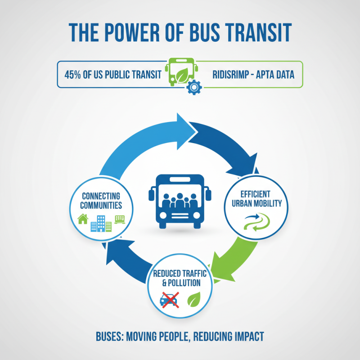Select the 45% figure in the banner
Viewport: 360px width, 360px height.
(x=73, y=74)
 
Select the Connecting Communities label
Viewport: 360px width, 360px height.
(x=101, y=201)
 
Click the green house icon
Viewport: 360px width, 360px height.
(x=83, y=219)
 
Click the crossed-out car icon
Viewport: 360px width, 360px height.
(x=170, y=299)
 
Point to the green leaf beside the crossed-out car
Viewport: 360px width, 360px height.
(x=194, y=299)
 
